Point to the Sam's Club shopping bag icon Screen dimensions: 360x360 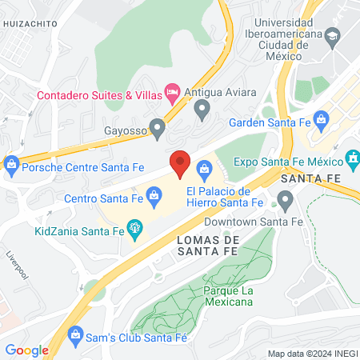pos(76,333)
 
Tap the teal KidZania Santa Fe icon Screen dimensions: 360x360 pos(135,231)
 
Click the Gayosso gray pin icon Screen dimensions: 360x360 pos(158,126)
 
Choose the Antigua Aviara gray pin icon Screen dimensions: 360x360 pos(202,106)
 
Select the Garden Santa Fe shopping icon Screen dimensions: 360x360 pos(321,123)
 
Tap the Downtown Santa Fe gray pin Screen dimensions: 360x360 pos(285,198)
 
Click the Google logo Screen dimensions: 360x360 pos(26,350)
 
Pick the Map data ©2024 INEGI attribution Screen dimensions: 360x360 pos(311,354)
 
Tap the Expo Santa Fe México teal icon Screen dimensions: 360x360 pos(350,157)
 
